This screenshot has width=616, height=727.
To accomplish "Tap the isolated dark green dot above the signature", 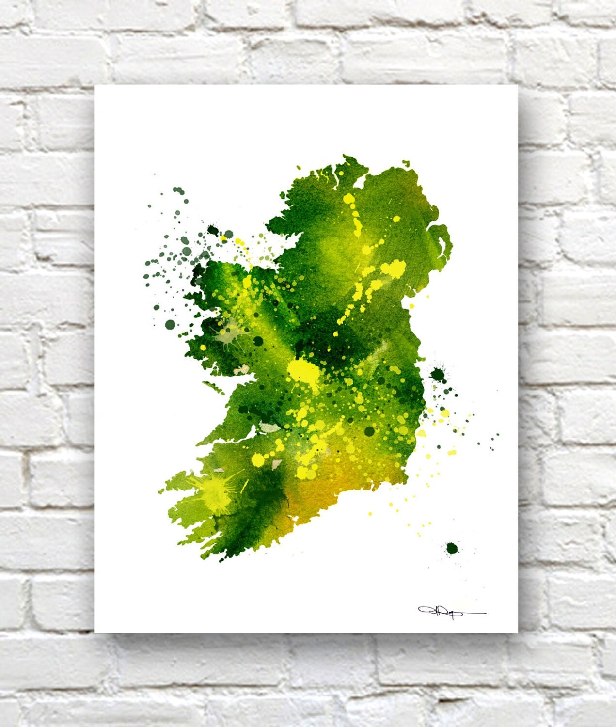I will click(452, 549).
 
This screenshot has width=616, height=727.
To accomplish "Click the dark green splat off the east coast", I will click(438, 374).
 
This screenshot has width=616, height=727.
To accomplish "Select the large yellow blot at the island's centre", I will click(302, 371).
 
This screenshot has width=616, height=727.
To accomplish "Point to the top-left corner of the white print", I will click(95, 86).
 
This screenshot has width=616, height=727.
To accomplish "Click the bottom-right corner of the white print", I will click(518, 632).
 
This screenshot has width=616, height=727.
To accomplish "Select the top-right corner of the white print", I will click(518, 86).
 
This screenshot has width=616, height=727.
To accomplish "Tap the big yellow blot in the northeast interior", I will click(394, 268).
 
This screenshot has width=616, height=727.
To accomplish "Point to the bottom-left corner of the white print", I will click(95, 632).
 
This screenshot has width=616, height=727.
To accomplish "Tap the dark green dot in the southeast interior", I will click(369, 431).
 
